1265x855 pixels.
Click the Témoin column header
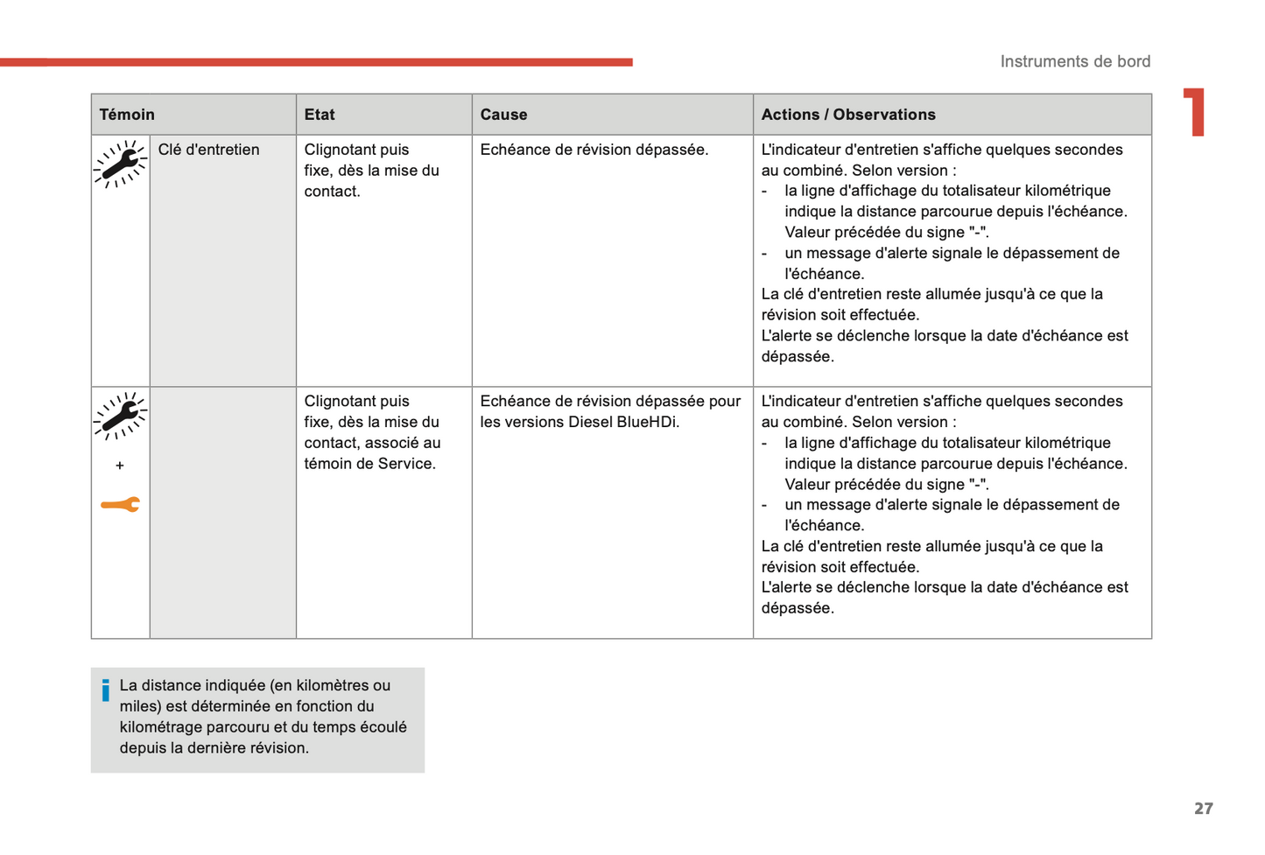click(127, 115)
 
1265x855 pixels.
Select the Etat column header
click(320, 115)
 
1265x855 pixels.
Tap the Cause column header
click(503, 115)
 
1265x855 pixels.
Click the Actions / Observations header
click(847, 115)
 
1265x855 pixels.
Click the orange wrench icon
click(120, 505)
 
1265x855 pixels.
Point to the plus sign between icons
click(120, 466)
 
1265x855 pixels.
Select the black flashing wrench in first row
click(120, 165)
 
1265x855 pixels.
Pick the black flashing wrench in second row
click(120, 417)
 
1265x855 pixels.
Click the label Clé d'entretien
click(208, 150)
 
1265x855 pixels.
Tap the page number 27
click(1204, 809)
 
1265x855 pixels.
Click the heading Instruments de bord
click(1075, 61)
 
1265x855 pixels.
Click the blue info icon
click(106, 690)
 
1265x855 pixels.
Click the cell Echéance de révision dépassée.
click(594, 150)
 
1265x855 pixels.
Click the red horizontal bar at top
click(315, 62)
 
